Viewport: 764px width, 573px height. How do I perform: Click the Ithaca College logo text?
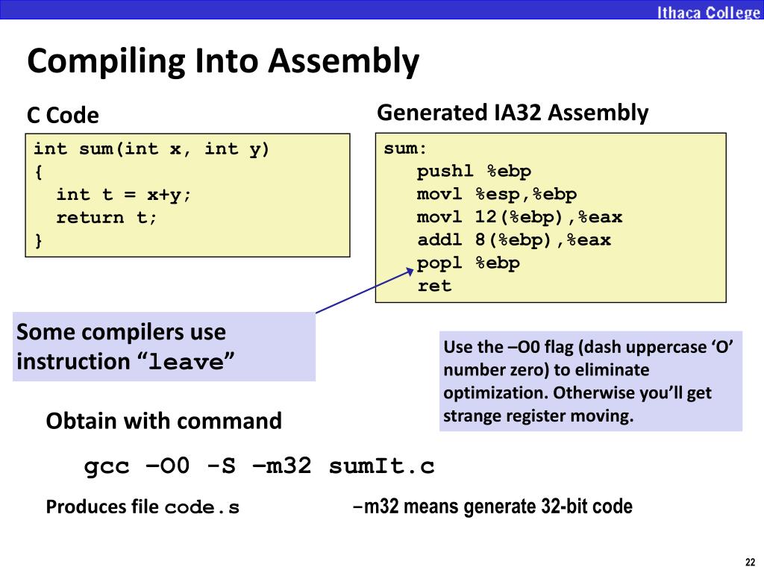(708, 12)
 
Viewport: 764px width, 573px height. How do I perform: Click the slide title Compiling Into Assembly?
(223, 61)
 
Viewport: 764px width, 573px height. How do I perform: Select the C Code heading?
(63, 116)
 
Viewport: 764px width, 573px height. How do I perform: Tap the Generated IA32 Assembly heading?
(513, 113)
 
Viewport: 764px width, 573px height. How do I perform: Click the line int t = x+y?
(124, 195)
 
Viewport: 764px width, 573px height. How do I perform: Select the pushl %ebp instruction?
(474, 172)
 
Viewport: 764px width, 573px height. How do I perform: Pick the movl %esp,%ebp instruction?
(497, 195)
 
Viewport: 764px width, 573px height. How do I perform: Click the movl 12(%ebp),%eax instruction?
(519, 218)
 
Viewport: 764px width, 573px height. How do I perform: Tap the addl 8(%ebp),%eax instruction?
(514, 240)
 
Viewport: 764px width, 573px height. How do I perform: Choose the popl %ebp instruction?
(468, 263)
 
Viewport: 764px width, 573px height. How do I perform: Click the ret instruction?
(434, 286)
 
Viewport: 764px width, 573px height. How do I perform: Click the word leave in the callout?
(187, 363)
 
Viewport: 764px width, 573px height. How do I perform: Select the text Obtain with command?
(163, 421)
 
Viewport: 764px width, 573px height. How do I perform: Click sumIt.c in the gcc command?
(381, 467)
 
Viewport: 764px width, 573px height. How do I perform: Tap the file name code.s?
(202, 508)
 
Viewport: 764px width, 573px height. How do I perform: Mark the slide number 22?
(750, 562)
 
